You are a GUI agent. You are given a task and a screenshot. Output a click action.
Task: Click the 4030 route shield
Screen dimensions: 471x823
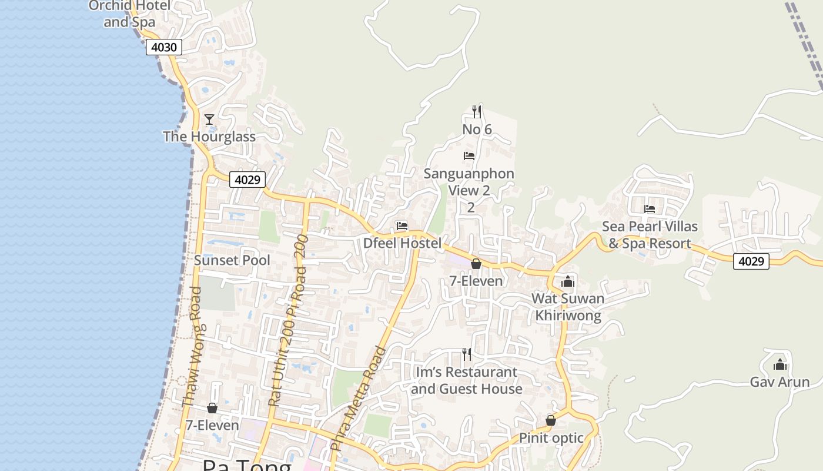[x=164, y=47]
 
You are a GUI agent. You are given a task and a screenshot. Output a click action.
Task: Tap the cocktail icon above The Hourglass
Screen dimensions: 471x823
[x=209, y=120]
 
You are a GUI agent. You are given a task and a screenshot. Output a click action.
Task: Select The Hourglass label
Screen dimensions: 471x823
[x=209, y=137]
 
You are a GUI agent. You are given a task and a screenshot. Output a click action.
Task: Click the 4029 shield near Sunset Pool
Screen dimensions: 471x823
[x=247, y=180]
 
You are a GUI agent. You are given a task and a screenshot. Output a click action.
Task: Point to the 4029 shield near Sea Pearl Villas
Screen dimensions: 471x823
[x=751, y=261]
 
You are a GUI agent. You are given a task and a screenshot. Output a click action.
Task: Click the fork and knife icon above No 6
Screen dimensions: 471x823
[x=477, y=111]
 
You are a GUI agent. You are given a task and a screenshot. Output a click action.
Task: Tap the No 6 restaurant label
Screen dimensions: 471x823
[x=477, y=130]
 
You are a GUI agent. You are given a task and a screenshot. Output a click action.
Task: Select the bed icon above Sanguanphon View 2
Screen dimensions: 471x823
[x=469, y=156]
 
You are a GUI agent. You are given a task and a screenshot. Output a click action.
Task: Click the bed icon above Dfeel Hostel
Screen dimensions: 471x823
[x=402, y=226]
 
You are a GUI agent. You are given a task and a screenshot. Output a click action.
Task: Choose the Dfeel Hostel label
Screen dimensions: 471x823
[x=402, y=243]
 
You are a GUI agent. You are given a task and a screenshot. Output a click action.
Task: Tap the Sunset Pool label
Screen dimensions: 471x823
[x=232, y=260]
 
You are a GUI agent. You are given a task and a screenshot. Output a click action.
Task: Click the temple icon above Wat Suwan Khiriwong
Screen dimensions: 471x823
[x=568, y=282]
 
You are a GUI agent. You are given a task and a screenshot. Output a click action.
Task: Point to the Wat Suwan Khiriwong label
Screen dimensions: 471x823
[x=568, y=307]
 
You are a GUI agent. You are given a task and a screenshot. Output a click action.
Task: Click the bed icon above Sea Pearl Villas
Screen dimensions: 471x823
[x=650, y=209]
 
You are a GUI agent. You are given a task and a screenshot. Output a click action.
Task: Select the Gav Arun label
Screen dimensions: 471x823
[x=779, y=382]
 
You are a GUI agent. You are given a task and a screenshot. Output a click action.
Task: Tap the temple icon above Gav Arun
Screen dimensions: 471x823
[x=780, y=365]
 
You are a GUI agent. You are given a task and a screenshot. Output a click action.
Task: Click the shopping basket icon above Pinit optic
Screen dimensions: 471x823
[x=551, y=420]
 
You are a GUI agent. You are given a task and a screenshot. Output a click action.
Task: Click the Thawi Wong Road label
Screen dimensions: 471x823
[x=192, y=347]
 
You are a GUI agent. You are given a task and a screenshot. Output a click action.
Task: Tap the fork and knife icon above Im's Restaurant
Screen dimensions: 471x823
[x=467, y=354]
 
